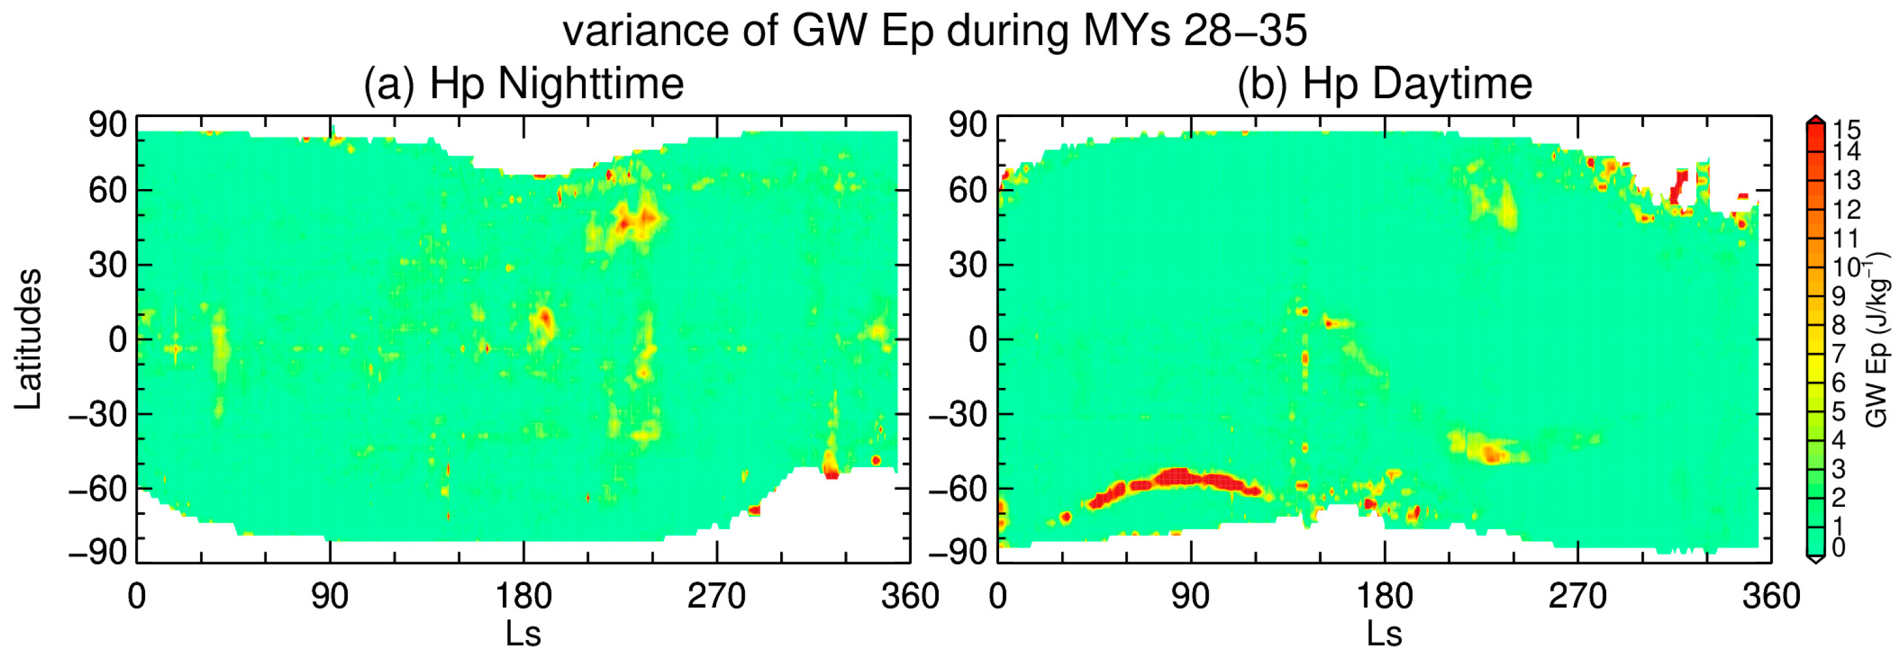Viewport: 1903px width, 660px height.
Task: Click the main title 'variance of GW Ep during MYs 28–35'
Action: (x=934, y=31)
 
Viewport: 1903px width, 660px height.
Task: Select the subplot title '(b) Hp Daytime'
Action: (x=1384, y=84)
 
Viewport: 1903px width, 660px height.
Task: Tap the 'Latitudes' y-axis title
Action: (x=28, y=339)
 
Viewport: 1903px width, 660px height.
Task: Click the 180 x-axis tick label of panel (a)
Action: (x=523, y=597)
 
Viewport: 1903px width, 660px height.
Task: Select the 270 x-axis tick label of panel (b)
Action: (x=1578, y=597)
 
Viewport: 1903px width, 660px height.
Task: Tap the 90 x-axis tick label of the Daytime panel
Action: (x=1190, y=597)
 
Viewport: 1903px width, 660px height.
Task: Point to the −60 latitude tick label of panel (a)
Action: (x=98, y=489)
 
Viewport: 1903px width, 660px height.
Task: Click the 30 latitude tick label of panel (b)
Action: (x=968, y=265)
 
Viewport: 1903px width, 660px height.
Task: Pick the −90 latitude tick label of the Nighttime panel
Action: (x=98, y=552)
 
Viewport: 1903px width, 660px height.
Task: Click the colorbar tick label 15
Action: (x=1846, y=130)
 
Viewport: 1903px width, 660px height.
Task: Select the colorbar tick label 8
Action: (x=1839, y=325)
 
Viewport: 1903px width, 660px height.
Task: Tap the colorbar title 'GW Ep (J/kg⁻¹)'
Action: (x=1877, y=340)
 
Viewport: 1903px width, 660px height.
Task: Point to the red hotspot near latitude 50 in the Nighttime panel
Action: (x=634, y=220)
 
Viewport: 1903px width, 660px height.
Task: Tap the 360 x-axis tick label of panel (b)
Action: (x=1771, y=597)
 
